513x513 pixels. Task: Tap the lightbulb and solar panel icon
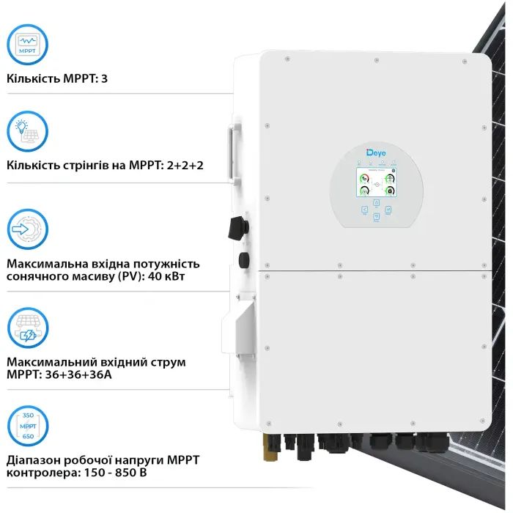click(x=28, y=130)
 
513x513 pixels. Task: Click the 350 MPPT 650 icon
click(x=28, y=426)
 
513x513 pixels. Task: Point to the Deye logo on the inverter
click(x=374, y=152)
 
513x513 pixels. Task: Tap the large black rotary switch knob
click(x=237, y=226)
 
